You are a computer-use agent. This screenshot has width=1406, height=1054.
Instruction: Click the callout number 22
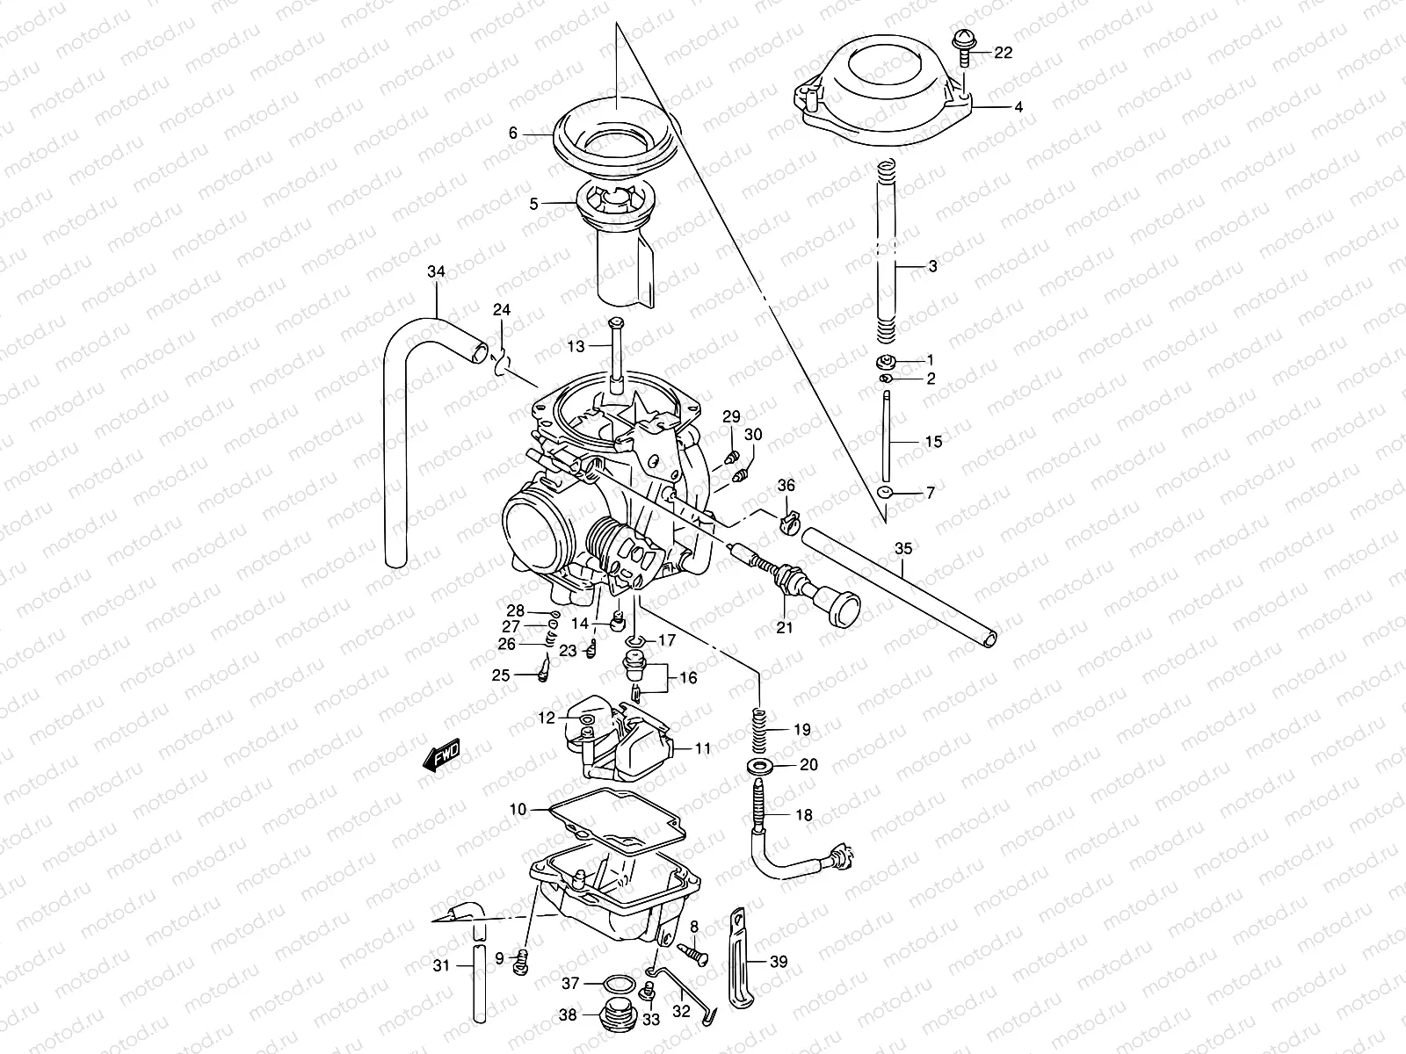pyautogui.click(x=1003, y=53)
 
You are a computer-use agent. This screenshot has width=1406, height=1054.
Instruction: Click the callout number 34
pyautogui.click(x=436, y=272)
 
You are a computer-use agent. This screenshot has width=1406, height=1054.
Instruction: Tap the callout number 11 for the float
pyautogui.click(x=703, y=749)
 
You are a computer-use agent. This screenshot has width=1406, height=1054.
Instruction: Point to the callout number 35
pyautogui.click(x=903, y=550)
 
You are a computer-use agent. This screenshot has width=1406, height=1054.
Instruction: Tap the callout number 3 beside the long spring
pyautogui.click(x=932, y=266)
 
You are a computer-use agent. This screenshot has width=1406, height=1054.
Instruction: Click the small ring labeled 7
pyautogui.click(x=886, y=493)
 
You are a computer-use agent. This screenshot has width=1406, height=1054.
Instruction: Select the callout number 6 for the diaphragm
pyautogui.click(x=513, y=134)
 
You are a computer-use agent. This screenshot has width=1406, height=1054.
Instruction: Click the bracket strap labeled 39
pyautogui.click(x=736, y=957)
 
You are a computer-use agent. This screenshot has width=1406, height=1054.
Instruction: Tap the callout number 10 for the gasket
pyautogui.click(x=518, y=809)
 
